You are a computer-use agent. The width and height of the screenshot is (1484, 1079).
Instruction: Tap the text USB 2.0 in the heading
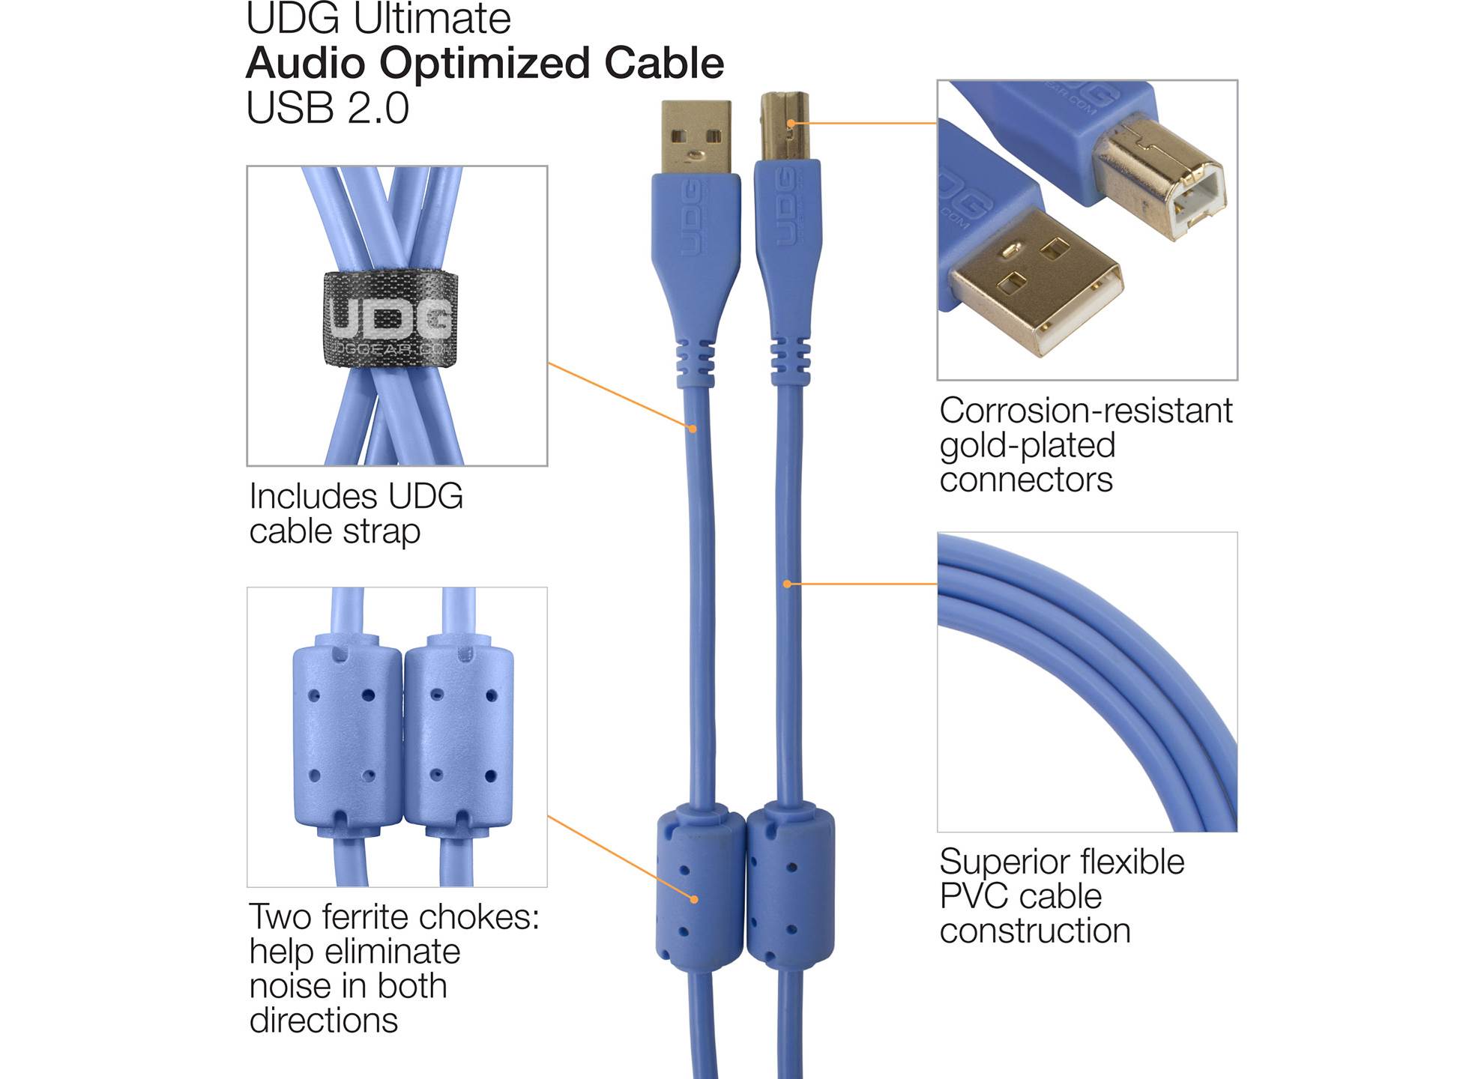328,108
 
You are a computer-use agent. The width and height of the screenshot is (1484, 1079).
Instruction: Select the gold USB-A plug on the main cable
696,136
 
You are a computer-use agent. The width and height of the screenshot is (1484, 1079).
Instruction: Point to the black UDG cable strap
390,318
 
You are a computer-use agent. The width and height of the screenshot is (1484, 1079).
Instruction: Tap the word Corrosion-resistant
1086,410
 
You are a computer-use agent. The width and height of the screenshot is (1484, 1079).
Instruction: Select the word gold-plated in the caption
1028,446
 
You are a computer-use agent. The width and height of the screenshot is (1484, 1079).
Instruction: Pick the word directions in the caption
324,1021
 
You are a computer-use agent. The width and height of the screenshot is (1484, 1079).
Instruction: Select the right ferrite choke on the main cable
791,884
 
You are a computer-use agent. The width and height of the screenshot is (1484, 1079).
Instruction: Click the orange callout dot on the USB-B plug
791,123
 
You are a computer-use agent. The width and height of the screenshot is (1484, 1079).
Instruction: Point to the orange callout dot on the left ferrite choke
695,899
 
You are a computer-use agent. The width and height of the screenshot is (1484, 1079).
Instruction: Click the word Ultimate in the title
432,19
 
